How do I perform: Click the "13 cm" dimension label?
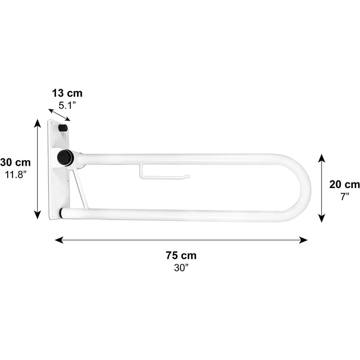[67, 94]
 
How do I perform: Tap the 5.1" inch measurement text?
[67, 105]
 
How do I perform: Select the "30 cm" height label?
[15, 163]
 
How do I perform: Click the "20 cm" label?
[345, 184]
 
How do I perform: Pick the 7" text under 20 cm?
[345, 197]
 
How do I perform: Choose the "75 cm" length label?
[181, 255]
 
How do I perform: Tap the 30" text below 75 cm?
[181, 268]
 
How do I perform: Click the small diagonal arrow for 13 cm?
[59, 114]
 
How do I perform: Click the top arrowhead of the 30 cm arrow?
[37, 123]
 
